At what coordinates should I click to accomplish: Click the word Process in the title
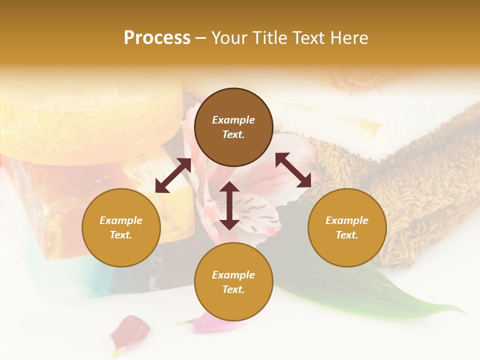(157, 38)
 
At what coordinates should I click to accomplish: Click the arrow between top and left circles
(173, 175)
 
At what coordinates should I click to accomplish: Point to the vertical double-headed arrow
(229, 205)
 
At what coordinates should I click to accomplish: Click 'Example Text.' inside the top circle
(233, 127)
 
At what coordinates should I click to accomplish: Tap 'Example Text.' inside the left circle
(121, 227)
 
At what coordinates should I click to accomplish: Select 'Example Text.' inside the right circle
(347, 227)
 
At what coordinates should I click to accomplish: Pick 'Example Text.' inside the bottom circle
(233, 282)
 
